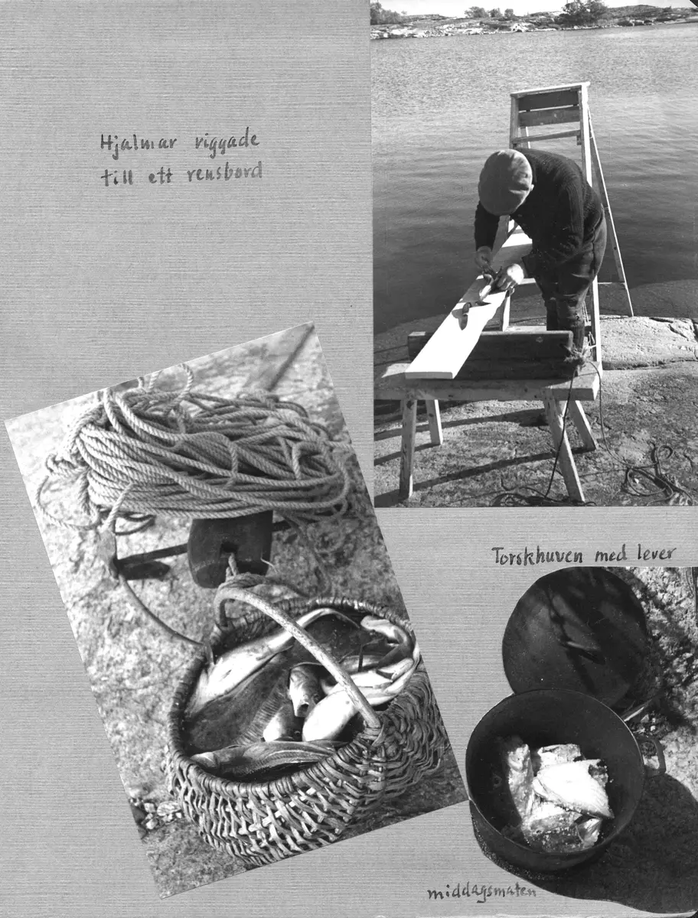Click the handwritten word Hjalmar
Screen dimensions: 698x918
pos(138,145)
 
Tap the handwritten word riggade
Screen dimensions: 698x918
pos(227,144)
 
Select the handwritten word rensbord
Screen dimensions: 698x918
pos(224,173)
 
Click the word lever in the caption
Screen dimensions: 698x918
pos(656,553)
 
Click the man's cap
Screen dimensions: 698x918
pos(505,181)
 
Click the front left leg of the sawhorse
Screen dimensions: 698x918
pos(407,448)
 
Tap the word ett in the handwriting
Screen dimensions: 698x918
pos(160,176)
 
